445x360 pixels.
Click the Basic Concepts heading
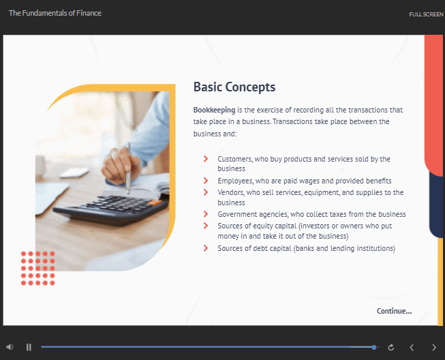(x=234, y=87)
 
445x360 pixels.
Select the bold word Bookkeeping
(x=214, y=110)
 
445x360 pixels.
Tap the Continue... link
(x=394, y=311)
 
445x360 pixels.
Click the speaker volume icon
(x=10, y=347)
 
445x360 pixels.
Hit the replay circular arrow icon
(x=390, y=347)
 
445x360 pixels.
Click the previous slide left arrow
(x=412, y=347)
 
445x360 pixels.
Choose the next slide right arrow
(x=434, y=347)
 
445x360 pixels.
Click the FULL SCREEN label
(x=426, y=14)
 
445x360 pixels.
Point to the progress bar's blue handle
(x=374, y=347)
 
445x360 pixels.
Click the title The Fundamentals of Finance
(x=55, y=13)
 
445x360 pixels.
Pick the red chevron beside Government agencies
(x=206, y=214)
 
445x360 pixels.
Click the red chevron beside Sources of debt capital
(x=206, y=248)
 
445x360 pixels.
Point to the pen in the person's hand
(x=129, y=168)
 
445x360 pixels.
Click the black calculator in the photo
(x=111, y=209)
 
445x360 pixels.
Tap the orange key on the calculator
(x=154, y=202)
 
